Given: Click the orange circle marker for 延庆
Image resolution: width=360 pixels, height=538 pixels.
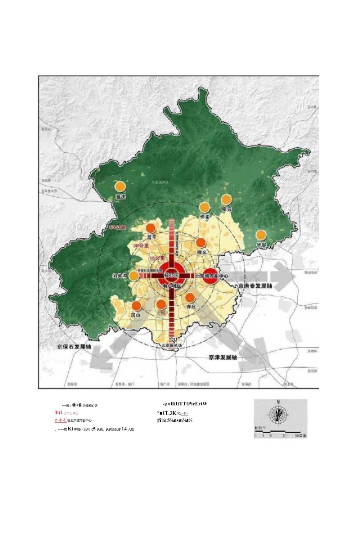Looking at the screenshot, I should (121, 187).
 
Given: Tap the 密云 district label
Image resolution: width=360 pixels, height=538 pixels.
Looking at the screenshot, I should (227, 209).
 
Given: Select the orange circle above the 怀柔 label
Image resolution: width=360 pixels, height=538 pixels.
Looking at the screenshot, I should (204, 208).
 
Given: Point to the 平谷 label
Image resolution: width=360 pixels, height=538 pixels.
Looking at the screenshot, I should (261, 244).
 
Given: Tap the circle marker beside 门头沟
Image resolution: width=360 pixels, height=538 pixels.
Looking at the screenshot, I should (134, 276).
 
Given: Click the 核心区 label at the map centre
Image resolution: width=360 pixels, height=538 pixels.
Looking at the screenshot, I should (171, 276).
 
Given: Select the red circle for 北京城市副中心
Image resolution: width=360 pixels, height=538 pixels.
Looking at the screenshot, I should (211, 276).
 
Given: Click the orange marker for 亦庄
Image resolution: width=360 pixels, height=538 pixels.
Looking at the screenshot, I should (190, 298).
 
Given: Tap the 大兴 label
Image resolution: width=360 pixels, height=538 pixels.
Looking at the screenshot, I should (161, 313).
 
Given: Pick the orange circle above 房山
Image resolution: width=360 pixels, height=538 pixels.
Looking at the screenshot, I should (137, 306).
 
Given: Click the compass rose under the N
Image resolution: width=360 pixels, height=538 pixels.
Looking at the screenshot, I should (278, 414).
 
